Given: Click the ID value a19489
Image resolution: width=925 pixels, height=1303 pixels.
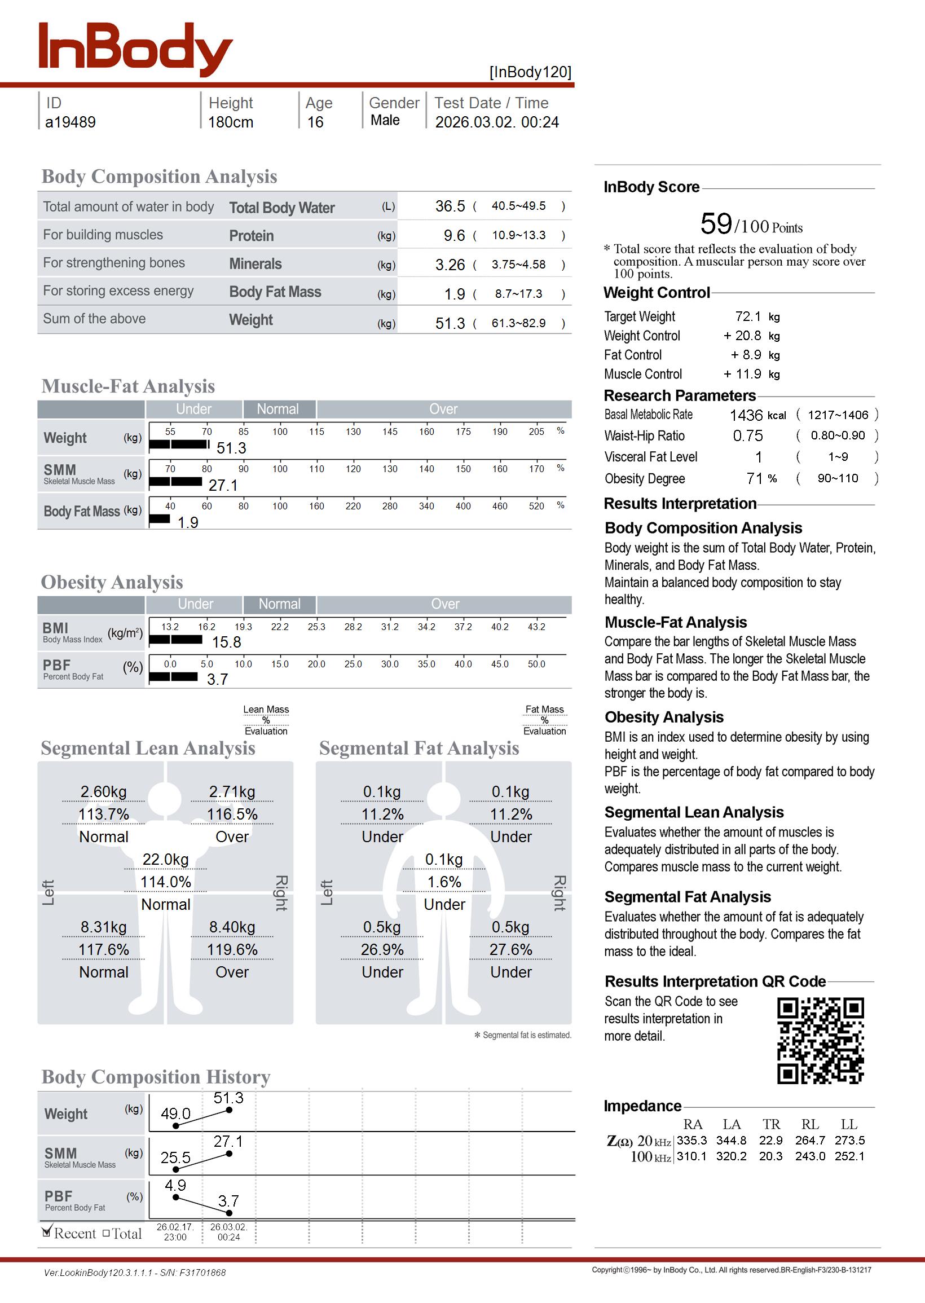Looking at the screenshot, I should pyautogui.click(x=71, y=122).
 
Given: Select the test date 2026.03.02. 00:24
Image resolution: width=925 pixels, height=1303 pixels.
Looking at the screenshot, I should pyautogui.click(x=497, y=122).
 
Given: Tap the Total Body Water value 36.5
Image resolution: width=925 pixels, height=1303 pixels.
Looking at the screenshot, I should pyautogui.click(x=450, y=206).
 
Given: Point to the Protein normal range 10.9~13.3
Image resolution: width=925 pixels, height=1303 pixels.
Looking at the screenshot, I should pyautogui.click(x=518, y=235).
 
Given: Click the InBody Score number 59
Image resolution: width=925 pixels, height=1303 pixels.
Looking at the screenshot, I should pyautogui.click(x=716, y=224).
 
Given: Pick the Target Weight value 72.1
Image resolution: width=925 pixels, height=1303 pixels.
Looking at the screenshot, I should pyautogui.click(x=748, y=316).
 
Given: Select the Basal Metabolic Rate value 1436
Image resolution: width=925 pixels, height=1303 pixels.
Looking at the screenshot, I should pyautogui.click(x=746, y=416).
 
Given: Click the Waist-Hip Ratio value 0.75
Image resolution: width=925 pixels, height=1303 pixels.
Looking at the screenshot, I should pyautogui.click(x=748, y=436).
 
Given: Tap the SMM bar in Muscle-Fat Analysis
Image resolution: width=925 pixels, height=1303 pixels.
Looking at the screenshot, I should pyautogui.click(x=175, y=482).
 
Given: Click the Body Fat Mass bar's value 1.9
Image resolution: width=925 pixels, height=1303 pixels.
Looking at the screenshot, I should pyautogui.click(x=187, y=523).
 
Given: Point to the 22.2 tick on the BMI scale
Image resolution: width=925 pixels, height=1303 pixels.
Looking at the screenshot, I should pyautogui.click(x=280, y=627).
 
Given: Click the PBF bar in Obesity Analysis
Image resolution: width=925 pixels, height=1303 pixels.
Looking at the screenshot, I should pyautogui.click(x=173, y=676).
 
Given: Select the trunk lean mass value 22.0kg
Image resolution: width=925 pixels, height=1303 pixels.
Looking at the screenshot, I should pyautogui.click(x=165, y=860).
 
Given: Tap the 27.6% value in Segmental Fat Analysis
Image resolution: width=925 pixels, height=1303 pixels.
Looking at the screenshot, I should pyautogui.click(x=510, y=950).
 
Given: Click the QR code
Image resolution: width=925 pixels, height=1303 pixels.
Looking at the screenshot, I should pyautogui.click(x=820, y=1040).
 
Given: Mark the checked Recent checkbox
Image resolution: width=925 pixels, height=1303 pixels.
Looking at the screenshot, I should pyautogui.click(x=47, y=1233).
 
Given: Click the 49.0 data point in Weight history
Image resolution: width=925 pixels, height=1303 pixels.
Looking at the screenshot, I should pyautogui.click(x=176, y=1126).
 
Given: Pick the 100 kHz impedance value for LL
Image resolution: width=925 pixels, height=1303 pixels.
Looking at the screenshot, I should pyautogui.click(x=849, y=1156).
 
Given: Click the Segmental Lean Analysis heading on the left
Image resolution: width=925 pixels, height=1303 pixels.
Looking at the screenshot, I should pyautogui.click(x=148, y=749).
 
